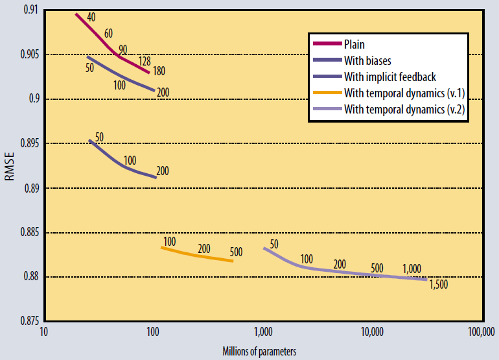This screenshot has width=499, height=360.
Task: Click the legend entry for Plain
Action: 354,45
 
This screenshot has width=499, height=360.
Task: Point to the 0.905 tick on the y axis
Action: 25,54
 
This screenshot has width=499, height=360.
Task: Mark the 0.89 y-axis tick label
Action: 29,188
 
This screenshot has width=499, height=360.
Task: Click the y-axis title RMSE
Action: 9,167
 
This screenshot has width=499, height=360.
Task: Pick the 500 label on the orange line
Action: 237,252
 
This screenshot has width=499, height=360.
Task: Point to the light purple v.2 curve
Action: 337,271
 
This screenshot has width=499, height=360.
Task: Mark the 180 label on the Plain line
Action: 159,70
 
